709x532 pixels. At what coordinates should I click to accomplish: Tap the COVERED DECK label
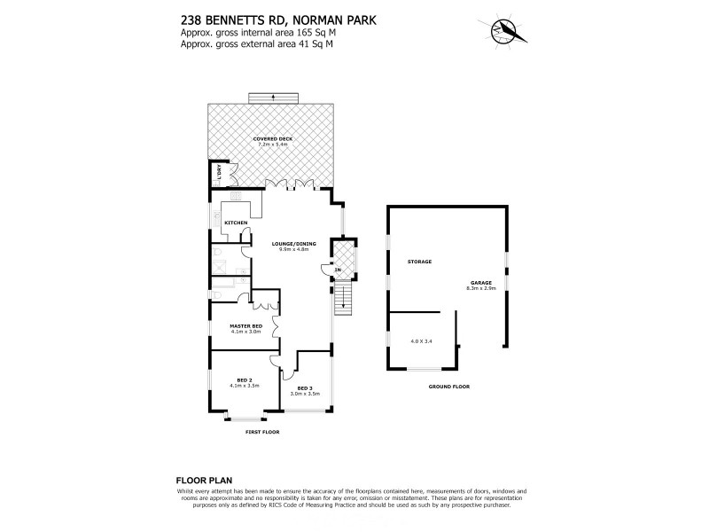click(x=272, y=138)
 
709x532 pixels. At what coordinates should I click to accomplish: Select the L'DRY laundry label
click(x=216, y=174)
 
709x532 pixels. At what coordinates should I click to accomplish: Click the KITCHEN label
click(x=235, y=223)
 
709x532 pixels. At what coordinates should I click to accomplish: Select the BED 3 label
click(x=305, y=388)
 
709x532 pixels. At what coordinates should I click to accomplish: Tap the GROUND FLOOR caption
click(x=448, y=387)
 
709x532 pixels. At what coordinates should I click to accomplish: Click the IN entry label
click(x=338, y=270)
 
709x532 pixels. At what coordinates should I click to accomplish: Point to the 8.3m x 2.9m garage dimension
click(x=481, y=289)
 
